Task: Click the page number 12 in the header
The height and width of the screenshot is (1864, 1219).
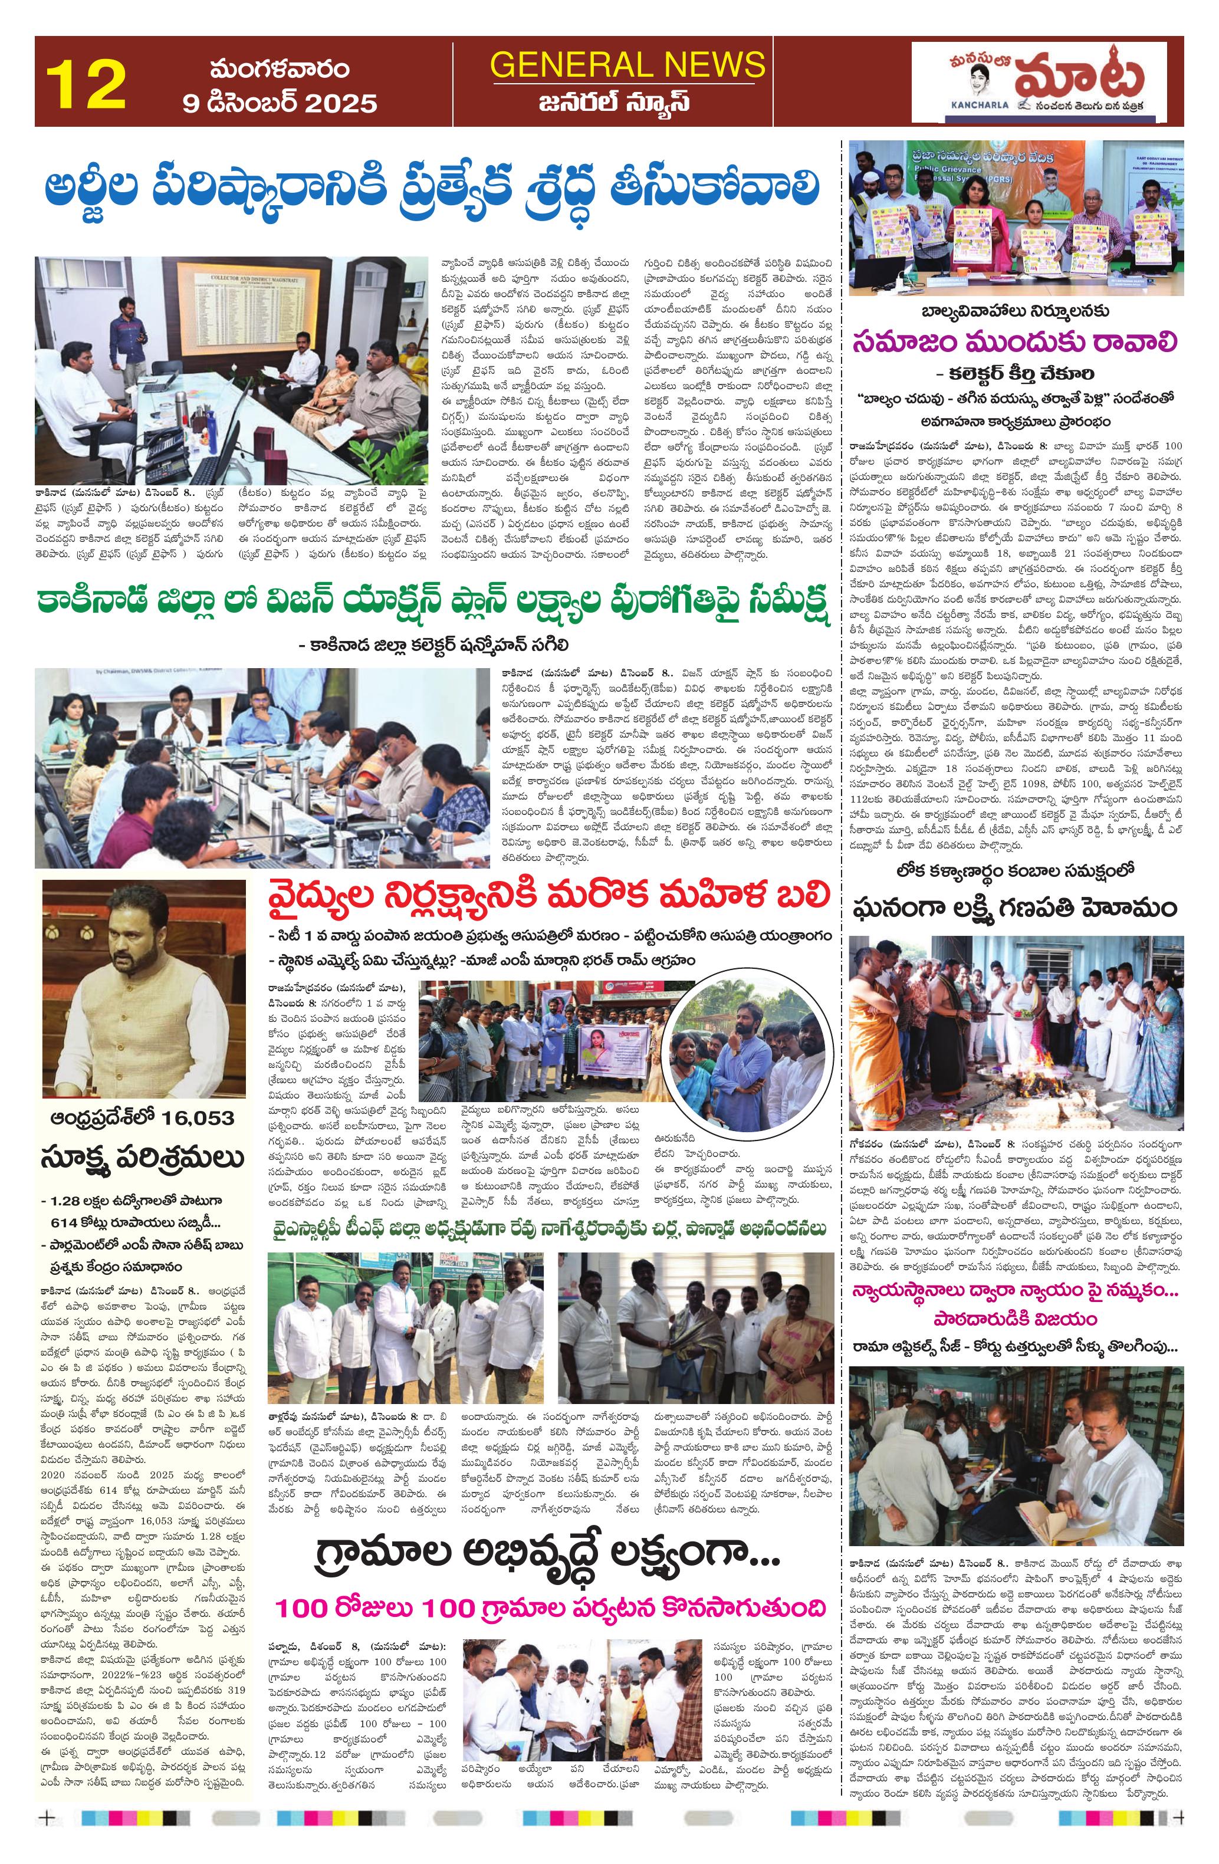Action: pyautogui.click(x=86, y=84)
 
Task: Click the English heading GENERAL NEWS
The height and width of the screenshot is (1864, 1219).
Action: pyautogui.click(x=627, y=64)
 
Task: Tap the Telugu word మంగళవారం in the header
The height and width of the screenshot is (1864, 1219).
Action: pyautogui.click(x=280, y=69)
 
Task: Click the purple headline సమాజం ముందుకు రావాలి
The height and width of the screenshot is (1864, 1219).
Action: pyautogui.click(x=1016, y=343)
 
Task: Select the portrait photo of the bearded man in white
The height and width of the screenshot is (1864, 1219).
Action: pyautogui.click(x=144, y=987)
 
